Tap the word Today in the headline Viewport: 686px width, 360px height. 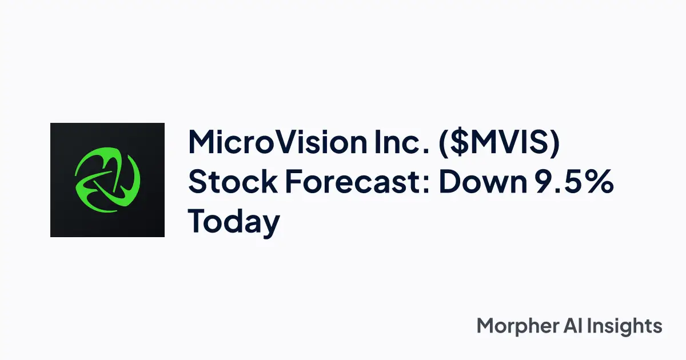point(234,222)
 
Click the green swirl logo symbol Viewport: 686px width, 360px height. point(107,179)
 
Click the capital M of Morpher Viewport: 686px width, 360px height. point(485,326)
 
